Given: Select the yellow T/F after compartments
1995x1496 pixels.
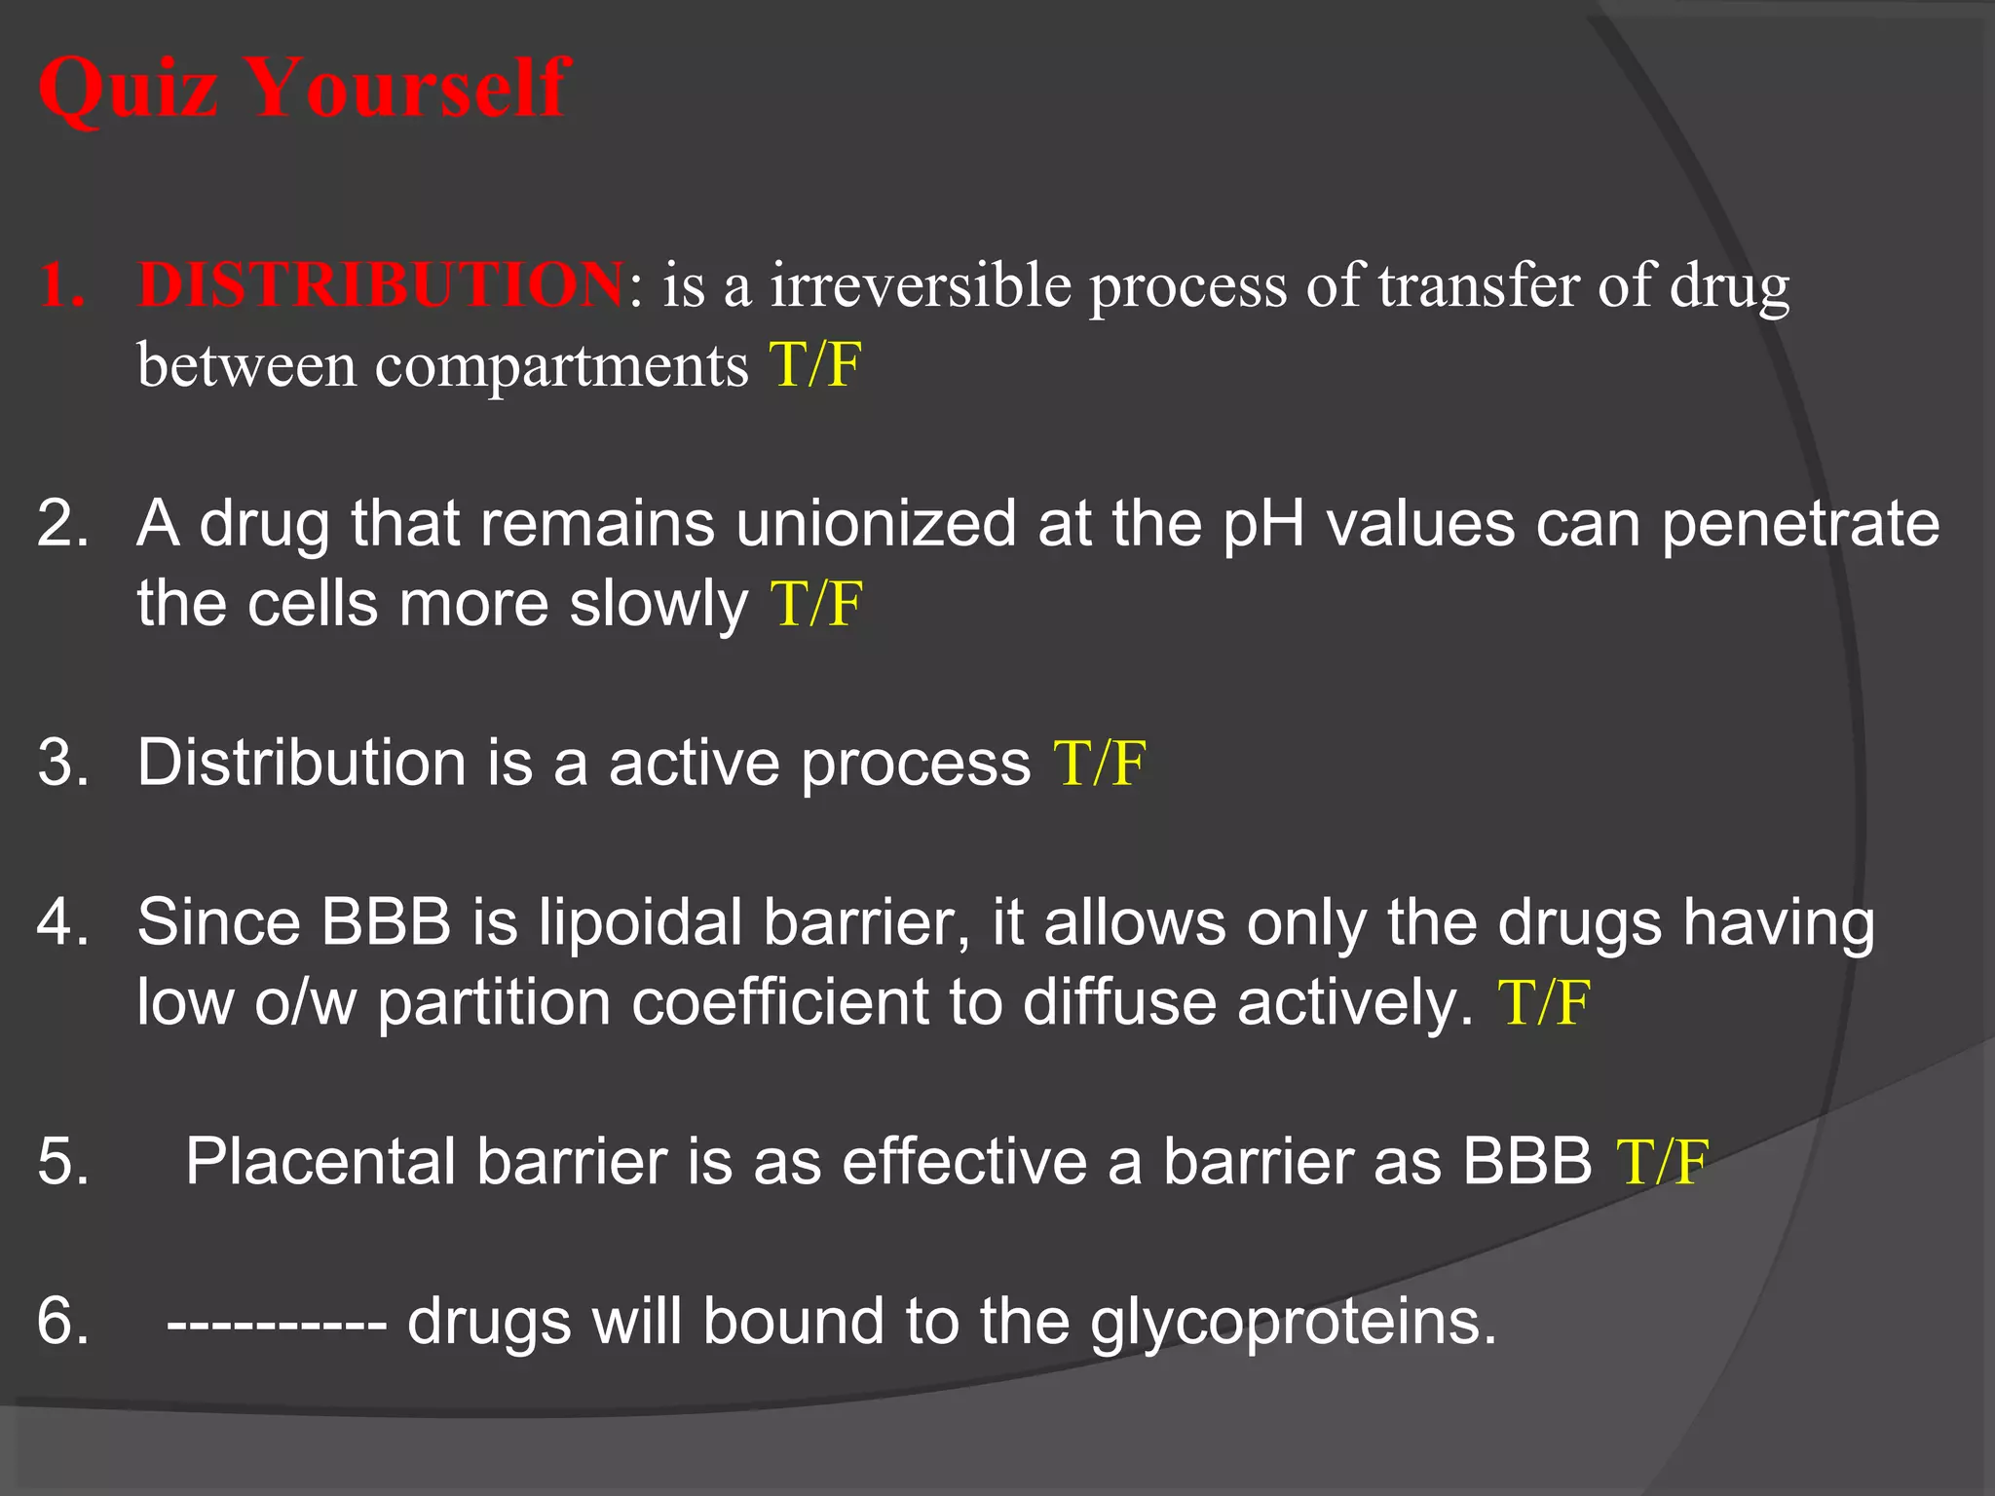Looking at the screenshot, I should (815, 365).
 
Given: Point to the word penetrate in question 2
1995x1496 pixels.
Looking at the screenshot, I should (1800, 524).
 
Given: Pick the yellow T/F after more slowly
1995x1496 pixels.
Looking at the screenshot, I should (816, 604).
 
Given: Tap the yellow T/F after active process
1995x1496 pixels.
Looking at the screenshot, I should (1100, 762).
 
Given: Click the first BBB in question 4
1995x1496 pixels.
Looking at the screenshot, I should (387, 921).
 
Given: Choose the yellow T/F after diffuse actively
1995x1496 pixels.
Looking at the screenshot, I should (1544, 1002).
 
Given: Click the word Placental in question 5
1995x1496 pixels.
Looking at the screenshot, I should (320, 1161).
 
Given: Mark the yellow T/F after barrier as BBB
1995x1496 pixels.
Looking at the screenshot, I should (1662, 1161).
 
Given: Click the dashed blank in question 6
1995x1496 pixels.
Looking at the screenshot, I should (277, 1323).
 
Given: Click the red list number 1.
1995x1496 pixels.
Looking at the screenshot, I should (60, 285).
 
